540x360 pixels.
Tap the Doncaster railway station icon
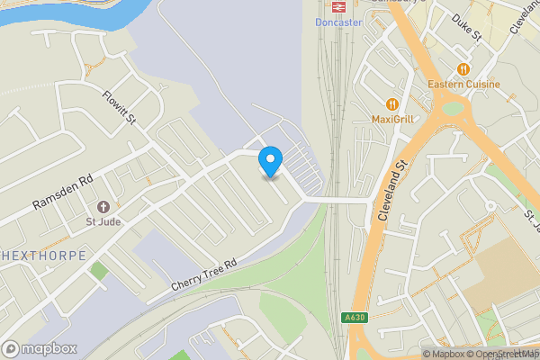point(339,7)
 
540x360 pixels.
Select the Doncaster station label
point(338,22)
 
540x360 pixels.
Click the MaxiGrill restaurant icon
point(391,103)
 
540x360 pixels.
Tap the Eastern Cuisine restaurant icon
point(463,69)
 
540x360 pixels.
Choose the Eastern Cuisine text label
point(464,85)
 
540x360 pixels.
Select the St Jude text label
point(103,221)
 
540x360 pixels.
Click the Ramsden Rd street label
point(62,193)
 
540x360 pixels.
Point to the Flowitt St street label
point(118,106)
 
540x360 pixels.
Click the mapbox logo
point(40,348)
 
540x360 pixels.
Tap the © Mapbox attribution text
point(444,354)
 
